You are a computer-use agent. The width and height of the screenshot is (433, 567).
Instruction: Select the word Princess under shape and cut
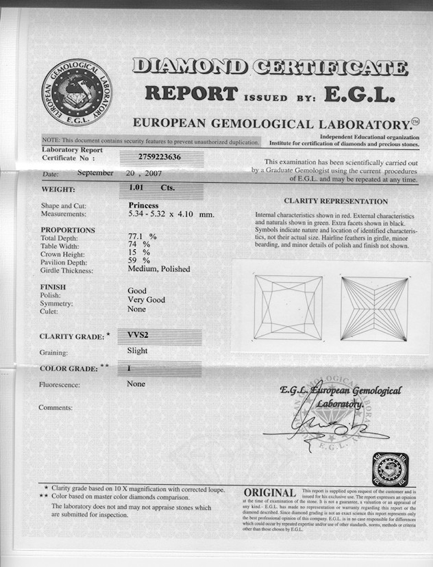[143, 205]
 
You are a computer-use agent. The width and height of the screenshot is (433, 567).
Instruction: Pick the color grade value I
[129, 368]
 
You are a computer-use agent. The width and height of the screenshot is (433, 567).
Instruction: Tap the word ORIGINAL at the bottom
[270, 492]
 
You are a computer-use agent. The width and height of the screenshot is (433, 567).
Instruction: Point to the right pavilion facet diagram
[373, 308]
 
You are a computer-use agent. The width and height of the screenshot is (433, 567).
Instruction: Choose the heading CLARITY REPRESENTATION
[335, 202]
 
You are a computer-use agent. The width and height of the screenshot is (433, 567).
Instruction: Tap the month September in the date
[95, 173]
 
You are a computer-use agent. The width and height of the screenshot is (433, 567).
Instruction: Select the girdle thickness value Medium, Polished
[159, 269]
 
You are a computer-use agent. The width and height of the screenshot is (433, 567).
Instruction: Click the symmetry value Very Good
[146, 300]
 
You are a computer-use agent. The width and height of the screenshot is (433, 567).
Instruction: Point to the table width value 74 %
[139, 245]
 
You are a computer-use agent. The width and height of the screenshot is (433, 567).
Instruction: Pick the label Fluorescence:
[60, 385]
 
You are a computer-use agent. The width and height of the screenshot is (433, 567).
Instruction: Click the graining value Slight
[137, 351]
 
